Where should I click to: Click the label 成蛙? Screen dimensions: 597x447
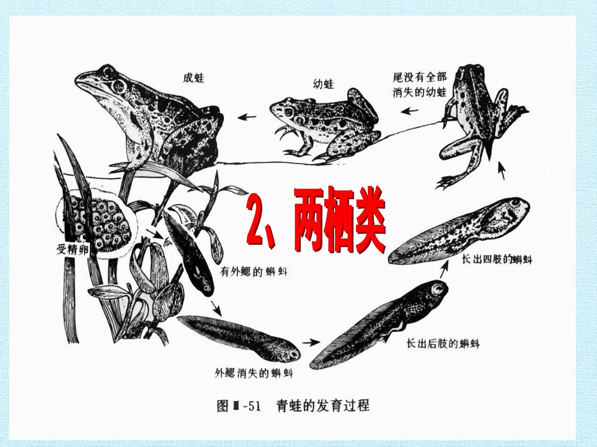click(194, 78)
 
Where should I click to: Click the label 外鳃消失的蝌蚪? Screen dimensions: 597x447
click(254, 373)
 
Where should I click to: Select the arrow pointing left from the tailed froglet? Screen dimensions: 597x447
click(409, 110)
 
